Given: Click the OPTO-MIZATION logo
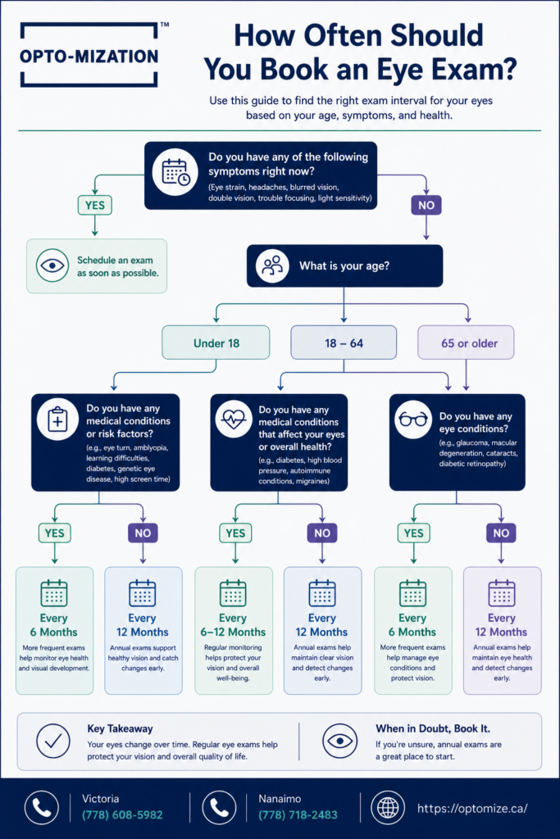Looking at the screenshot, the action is click(x=89, y=55).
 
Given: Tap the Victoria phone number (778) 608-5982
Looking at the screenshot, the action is click(x=122, y=815).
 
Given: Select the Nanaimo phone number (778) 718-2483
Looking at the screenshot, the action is click(x=298, y=815).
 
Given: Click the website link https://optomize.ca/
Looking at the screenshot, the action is click(x=472, y=808).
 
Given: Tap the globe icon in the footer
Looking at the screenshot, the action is click(x=388, y=808).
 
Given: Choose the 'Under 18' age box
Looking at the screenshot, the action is click(x=216, y=342).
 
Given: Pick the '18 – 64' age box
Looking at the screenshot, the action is click(x=344, y=342).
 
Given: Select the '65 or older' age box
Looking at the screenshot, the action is click(x=466, y=342).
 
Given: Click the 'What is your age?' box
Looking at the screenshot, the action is click(x=345, y=266).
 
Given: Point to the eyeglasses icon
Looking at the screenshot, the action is click(x=413, y=419).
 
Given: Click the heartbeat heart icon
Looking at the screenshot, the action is click(x=234, y=419).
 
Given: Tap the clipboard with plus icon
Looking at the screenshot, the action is click(x=57, y=419).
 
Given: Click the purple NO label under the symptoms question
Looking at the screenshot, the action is click(x=426, y=206).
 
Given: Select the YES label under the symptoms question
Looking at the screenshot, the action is click(x=95, y=206).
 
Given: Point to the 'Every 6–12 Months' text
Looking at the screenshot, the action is click(x=233, y=625).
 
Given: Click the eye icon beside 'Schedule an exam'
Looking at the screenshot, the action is click(x=52, y=265).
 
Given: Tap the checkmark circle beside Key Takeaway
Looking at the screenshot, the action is click(x=53, y=741).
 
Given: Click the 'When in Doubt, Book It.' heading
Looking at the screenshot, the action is click(x=433, y=728).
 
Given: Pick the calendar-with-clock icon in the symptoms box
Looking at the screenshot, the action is click(x=176, y=172).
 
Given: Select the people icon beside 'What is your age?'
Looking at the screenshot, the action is click(x=272, y=265).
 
